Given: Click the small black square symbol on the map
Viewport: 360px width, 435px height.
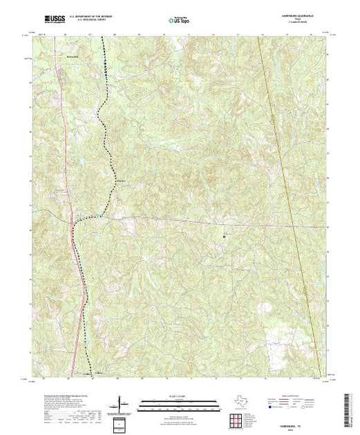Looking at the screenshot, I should pos(225,237).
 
